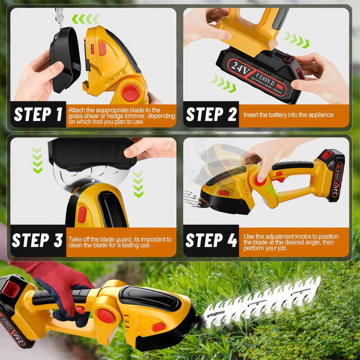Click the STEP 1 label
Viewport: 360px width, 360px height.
coord(37,115)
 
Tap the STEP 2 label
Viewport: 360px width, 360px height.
coord(211,115)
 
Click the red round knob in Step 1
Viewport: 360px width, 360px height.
coord(130,92)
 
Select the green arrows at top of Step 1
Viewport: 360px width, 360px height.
coord(85,19)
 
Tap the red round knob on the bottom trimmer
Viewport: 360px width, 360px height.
coord(105,316)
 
